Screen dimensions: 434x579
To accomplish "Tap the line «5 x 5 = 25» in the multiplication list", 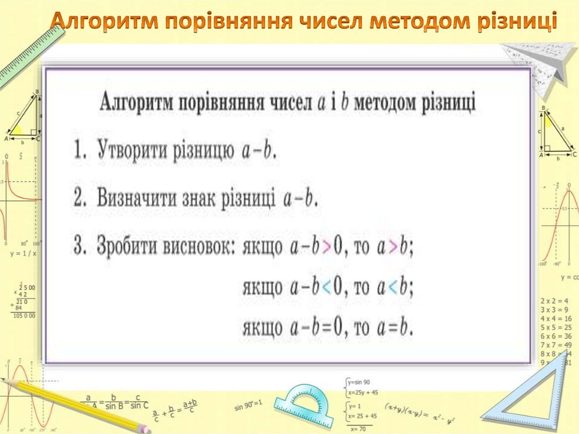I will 556,327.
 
